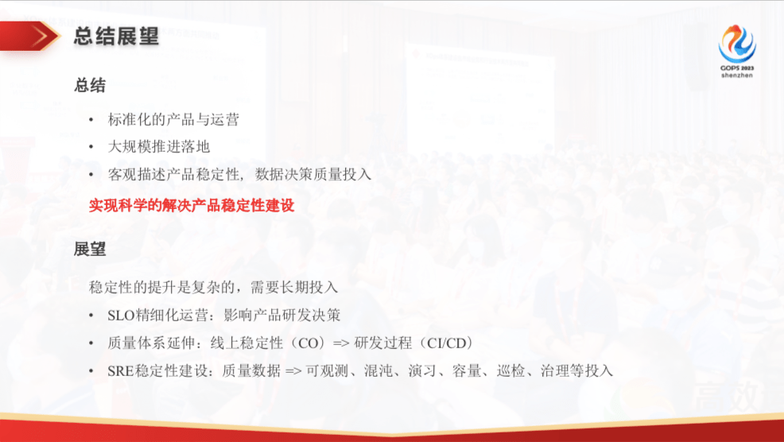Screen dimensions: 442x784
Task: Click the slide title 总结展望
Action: click(116, 36)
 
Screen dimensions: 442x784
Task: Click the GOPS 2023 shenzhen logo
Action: click(737, 48)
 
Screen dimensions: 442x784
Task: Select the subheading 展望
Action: click(90, 249)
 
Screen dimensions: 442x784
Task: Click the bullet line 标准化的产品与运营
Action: click(173, 120)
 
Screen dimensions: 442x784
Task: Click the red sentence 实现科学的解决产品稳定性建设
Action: click(192, 205)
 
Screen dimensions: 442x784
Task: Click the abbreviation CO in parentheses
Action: click(305, 343)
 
